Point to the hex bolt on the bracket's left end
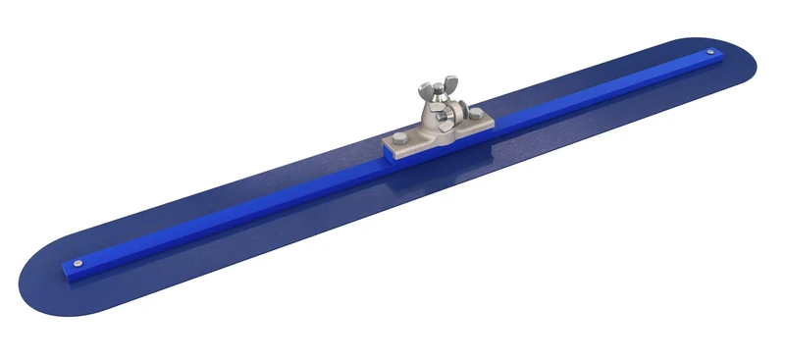401,138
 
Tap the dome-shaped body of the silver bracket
429,123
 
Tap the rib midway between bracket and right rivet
599,91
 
